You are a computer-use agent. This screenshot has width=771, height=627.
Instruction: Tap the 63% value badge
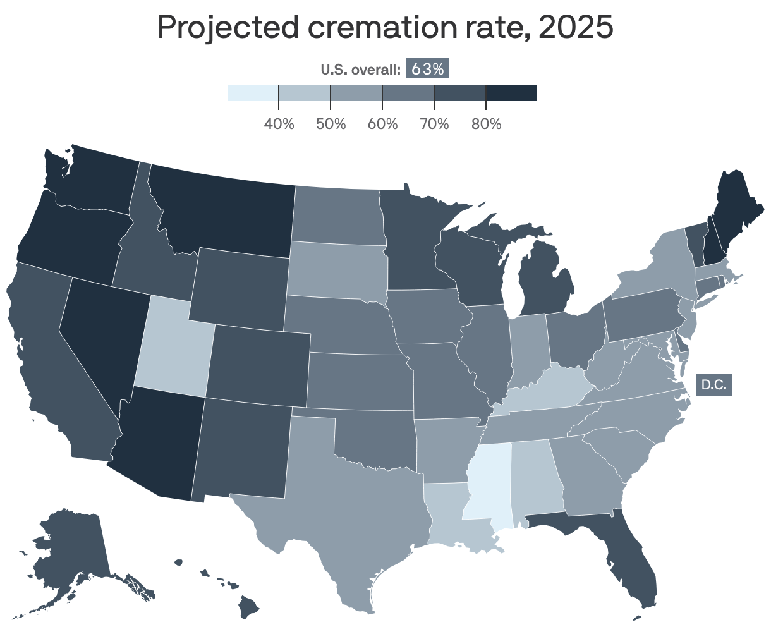[x=427, y=69]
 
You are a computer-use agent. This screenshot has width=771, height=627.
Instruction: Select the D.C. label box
[x=713, y=384]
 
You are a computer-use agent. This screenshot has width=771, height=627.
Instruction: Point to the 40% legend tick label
[x=279, y=124]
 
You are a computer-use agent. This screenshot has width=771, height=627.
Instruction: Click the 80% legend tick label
[x=485, y=124]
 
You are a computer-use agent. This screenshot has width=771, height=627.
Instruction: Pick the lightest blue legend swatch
[x=253, y=92]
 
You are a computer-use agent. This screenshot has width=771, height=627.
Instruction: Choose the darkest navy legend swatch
[x=511, y=92]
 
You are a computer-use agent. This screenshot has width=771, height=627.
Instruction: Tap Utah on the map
[x=171, y=354]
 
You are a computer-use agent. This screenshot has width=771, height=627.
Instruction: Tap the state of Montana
[x=221, y=209]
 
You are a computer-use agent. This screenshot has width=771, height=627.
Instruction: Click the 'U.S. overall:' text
[x=361, y=70]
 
